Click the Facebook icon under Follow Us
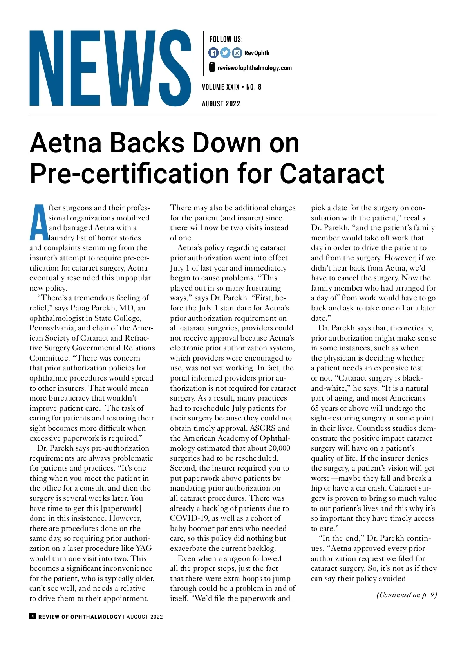click(213, 52)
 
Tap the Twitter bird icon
click(225, 52)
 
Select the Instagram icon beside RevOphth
click(237, 52)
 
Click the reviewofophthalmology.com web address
click(255, 68)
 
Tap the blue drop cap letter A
click(38, 222)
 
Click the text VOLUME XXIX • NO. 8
click(231, 87)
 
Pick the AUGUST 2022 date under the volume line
click(221, 104)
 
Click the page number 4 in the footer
click(33, 616)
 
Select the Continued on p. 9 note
click(407, 595)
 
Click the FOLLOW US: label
click(226, 39)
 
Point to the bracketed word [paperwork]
click(121, 508)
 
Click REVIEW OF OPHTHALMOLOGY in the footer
click(80, 617)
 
